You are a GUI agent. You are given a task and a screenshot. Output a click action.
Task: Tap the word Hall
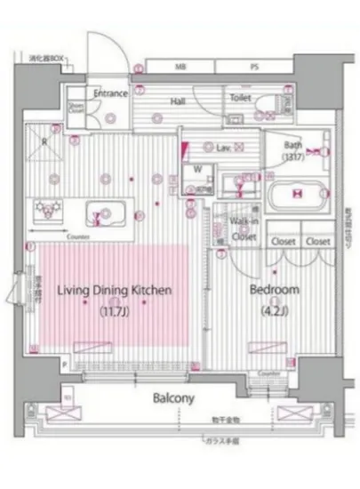[177, 101]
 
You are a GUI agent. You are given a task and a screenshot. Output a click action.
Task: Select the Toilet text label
[240, 98]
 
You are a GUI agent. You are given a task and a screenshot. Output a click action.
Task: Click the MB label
[180, 68]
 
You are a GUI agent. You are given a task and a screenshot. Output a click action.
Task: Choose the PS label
[254, 68]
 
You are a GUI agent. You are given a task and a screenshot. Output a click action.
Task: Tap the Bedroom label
[274, 291]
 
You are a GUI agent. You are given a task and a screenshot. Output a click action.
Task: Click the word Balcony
[172, 398]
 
